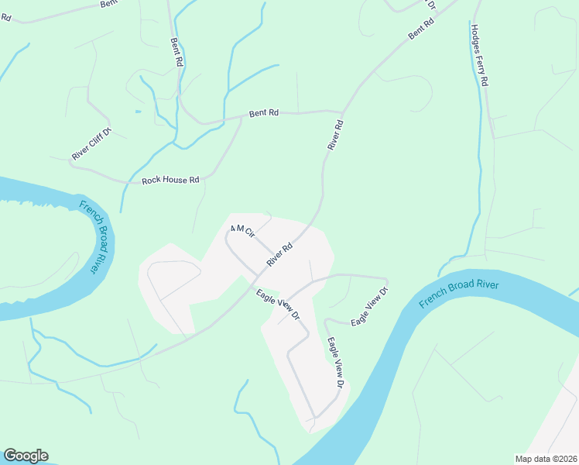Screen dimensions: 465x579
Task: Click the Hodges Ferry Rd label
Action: pos(479,54)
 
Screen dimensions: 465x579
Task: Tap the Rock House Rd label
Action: pos(170,181)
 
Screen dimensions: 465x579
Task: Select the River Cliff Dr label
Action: pos(92,143)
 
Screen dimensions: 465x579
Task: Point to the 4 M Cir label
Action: pos(242,231)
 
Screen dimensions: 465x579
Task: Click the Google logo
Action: pos(26,456)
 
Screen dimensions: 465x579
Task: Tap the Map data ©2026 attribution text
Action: pos(546,459)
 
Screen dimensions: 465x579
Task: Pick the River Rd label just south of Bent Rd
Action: pos(335,134)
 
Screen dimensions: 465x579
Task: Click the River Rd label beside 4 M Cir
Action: pos(279,254)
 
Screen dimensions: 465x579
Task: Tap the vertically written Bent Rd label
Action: pos(176,49)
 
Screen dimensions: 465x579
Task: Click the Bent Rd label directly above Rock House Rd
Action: pos(263,113)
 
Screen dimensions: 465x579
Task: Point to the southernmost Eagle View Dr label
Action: pos(334,362)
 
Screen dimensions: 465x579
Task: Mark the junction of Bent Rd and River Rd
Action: pos(343,112)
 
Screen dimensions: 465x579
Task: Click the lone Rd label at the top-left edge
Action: pos(5,17)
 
